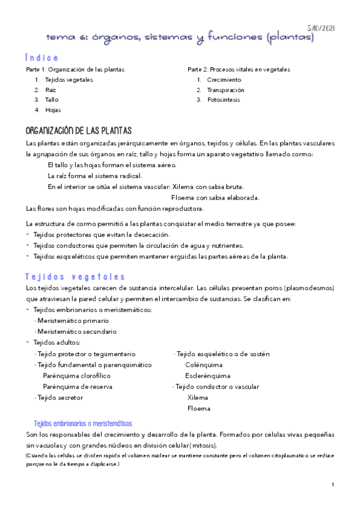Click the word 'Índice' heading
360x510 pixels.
(42, 58)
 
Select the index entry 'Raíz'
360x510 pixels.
(50, 90)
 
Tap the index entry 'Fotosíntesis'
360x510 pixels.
(224, 100)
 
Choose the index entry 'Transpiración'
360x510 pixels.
(226, 90)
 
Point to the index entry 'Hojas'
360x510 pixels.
(52, 110)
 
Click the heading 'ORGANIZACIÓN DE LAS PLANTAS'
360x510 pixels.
(79, 131)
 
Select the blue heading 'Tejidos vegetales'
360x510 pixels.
(75, 277)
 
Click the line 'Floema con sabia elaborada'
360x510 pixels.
(215, 197)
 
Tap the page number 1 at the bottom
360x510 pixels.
(332, 484)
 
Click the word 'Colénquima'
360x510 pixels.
(204, 364)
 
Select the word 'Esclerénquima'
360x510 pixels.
(207, 375)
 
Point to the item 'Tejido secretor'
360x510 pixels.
(59, 398)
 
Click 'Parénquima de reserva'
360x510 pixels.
(78, 387)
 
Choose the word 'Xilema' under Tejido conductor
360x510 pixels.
(198, 398)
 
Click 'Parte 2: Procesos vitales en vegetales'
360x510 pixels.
(239, 69)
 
